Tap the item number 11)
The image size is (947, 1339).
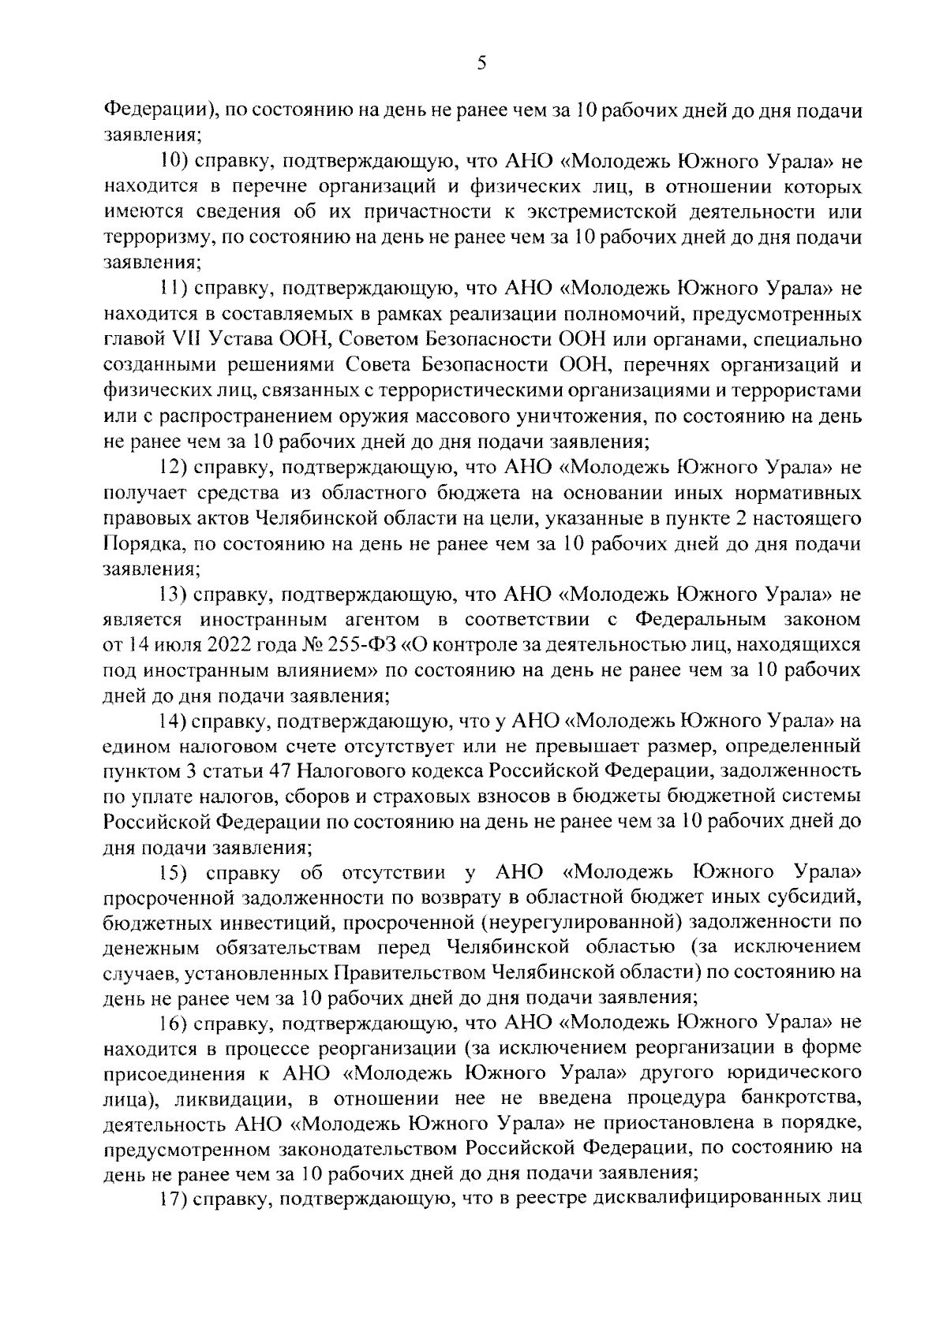click(x=171, y=289)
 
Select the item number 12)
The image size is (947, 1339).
click(x=171, y=468)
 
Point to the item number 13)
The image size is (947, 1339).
click(x=171, y=594)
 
